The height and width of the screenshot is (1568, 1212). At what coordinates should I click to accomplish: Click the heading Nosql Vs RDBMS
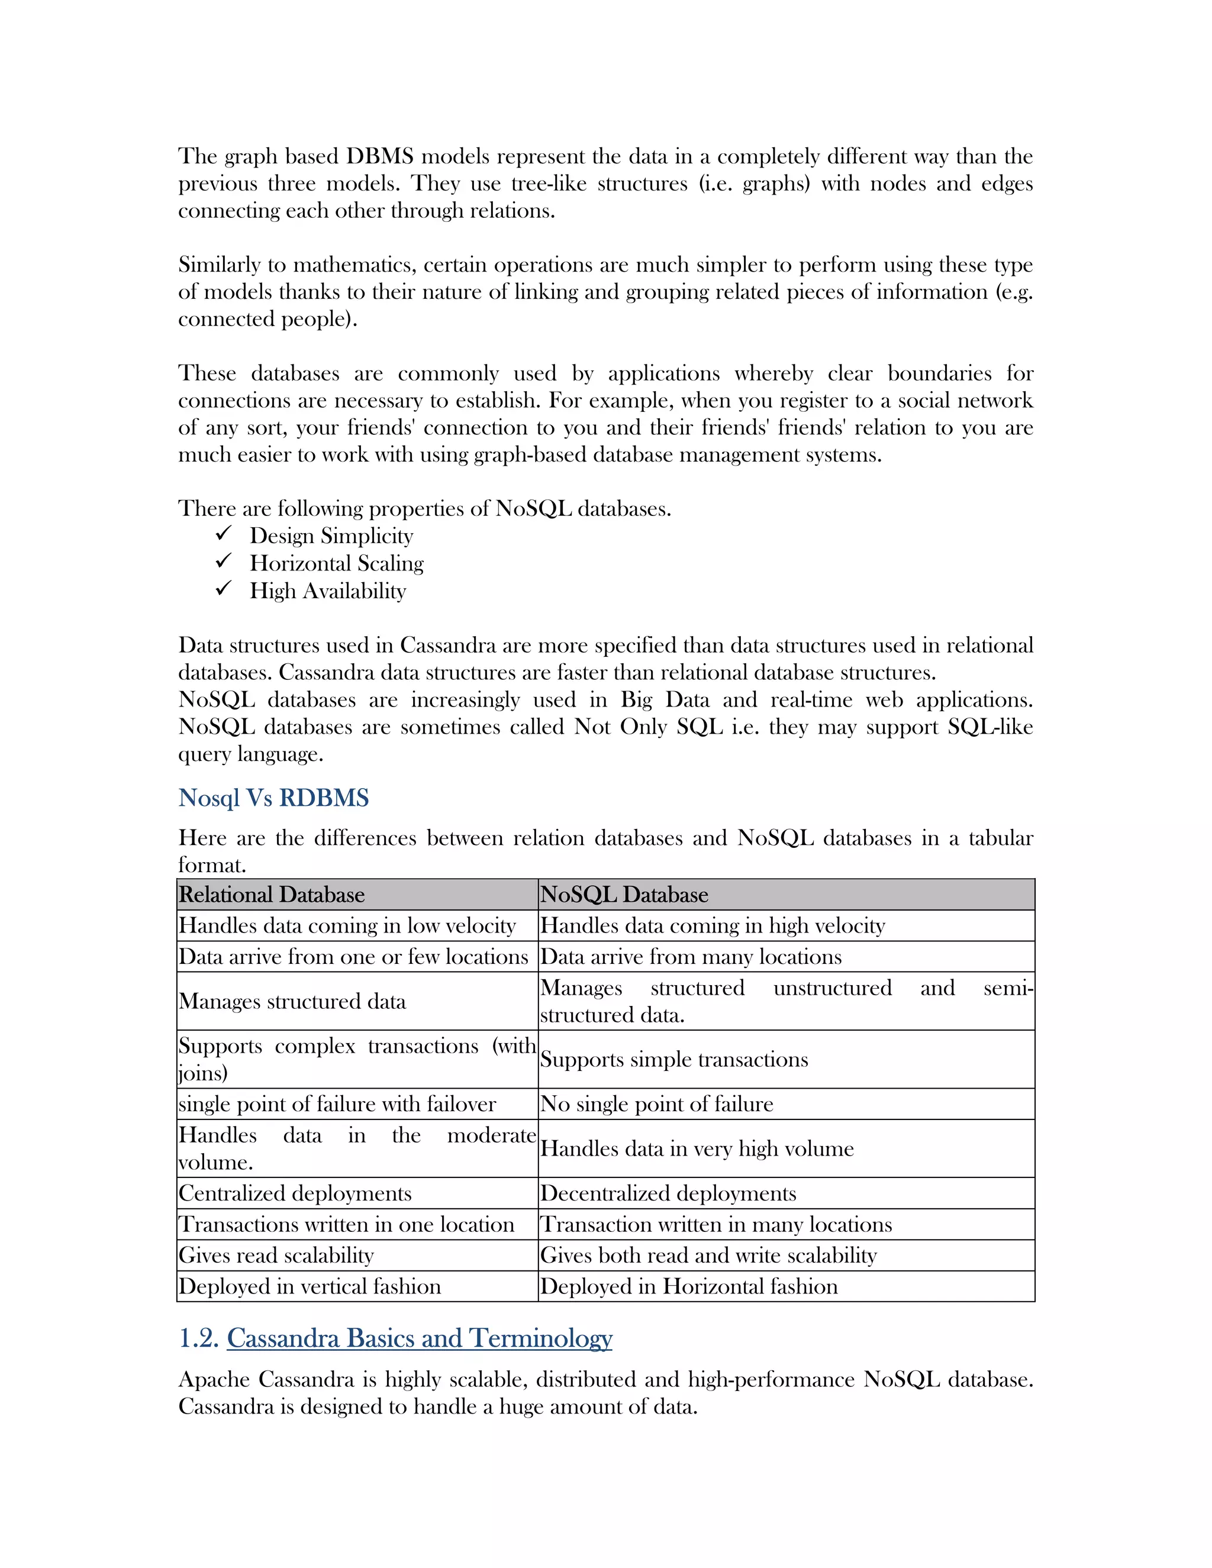point(273,798)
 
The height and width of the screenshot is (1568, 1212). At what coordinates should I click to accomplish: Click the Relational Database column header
point(272,895)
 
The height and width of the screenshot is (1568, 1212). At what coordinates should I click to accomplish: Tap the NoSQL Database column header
point(624,895)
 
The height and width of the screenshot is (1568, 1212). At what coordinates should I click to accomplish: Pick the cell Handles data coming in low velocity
point(347,925)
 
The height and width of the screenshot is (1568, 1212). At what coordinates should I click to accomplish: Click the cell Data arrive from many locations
point(690,956)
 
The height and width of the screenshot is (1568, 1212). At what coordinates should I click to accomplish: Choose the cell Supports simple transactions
point(673,1059)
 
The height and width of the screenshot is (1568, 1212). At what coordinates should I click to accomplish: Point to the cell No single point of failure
point(656,1104)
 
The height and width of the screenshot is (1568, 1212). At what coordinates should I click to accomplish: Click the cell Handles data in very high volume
point(697,1148)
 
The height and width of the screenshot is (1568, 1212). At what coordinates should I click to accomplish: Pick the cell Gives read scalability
point(276,1255)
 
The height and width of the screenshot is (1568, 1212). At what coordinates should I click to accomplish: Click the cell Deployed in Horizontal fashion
point(689,1286)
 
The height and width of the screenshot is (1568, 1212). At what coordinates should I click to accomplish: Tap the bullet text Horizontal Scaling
point(336,563)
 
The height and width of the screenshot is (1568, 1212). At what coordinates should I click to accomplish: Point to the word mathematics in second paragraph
point(353,264)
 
